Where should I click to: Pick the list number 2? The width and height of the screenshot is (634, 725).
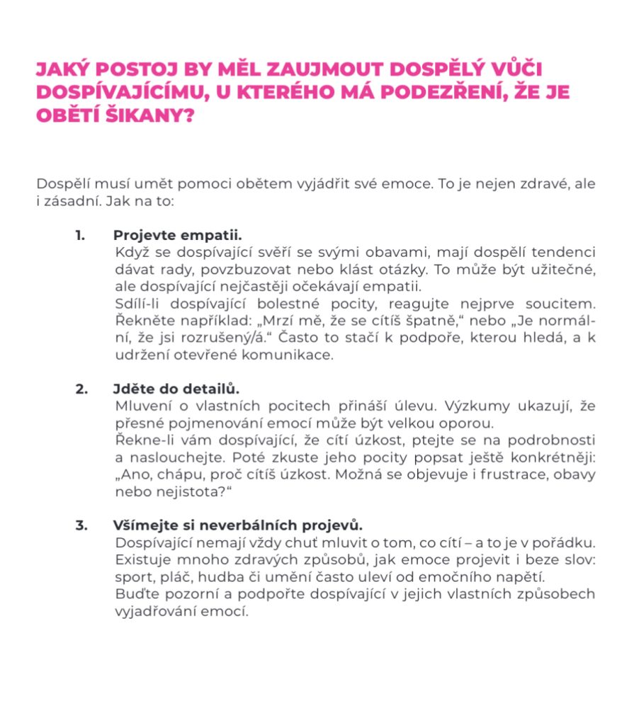[x=81, y=389]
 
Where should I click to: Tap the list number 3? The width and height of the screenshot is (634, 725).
[x=81, y=526]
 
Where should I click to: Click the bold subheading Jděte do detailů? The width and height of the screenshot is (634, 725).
[x=176, y=389]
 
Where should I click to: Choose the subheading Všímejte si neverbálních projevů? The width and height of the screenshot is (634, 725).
[x=237, y=526]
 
